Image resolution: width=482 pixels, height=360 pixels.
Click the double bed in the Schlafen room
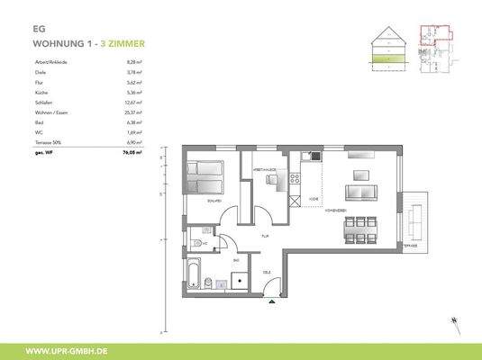[x=207, y=176]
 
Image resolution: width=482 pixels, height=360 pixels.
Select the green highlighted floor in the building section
[x=389, y=61]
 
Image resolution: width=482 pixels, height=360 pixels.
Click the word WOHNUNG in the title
[x=59, y=42]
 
